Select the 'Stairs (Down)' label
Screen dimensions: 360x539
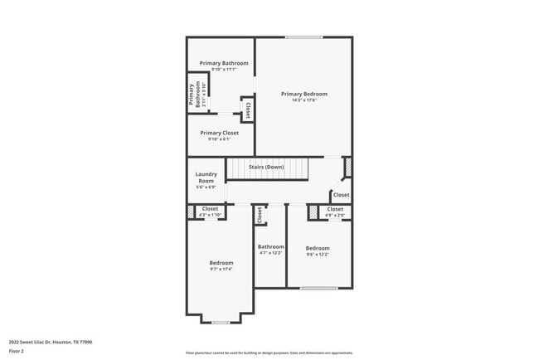[267, 167]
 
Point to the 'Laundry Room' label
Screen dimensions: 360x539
[206, 177]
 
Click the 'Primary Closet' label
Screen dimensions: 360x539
[219, 133]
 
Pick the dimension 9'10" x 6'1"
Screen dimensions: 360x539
[219, 139]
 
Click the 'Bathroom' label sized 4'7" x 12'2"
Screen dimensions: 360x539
[270, 246]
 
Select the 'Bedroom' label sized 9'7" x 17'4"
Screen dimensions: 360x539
[221, 262]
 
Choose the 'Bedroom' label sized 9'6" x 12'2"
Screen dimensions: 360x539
[318, 248]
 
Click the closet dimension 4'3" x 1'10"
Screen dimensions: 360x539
[210, 215]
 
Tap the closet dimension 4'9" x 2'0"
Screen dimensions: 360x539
[335, 215]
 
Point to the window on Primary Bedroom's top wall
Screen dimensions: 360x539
[303, 36]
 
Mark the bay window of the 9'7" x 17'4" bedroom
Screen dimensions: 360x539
[221, 322]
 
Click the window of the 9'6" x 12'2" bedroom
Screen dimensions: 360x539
[318, 288]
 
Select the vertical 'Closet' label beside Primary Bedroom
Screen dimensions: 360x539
[247, 110]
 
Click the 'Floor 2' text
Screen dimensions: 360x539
[17, 351]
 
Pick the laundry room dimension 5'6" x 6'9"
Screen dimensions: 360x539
[206, 187]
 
